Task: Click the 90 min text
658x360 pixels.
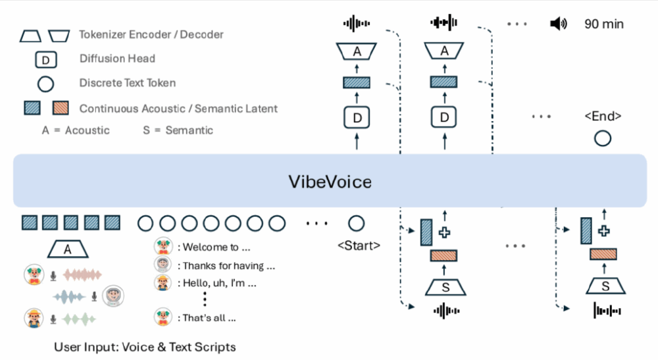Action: pyautogui.click(x=603, y=24)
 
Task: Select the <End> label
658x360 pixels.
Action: pyautogui.click(x=602, y=116)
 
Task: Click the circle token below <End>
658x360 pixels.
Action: pyautogui.click(x=602, y=138)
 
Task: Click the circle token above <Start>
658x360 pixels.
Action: pyautogui.click(x=356, y=224)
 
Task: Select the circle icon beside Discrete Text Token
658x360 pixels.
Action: pyautogui.click(x=45, y=84)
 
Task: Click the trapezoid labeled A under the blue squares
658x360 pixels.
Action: pyautogui.click(x=69, y=249)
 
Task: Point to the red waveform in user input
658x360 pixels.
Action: pyautogui.click(x=84, y=275)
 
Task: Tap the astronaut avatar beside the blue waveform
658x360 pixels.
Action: pyautogui.click(x=113, y=297)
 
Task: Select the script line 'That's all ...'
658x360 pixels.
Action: pyautogui.click(x=206, y=318)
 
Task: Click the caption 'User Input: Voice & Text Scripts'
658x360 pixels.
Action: pyautogui.click(x=145, y=346)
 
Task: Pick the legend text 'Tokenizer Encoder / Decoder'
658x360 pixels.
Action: pyautogui.click(x=151, y=34)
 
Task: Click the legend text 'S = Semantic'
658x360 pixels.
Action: pyautogui.click(x=178, y=130)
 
